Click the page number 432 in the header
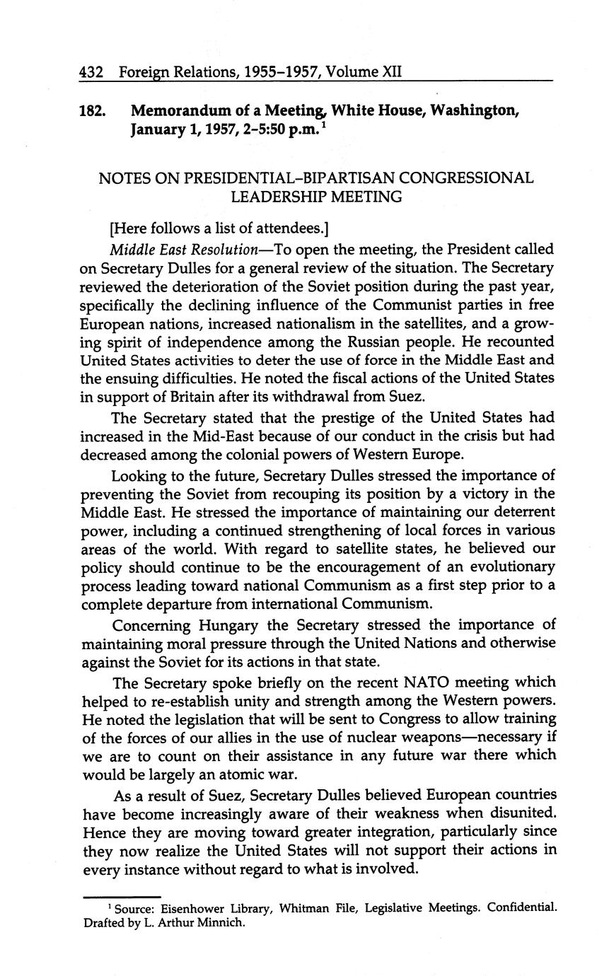92,71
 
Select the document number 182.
93,111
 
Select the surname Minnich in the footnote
224,923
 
